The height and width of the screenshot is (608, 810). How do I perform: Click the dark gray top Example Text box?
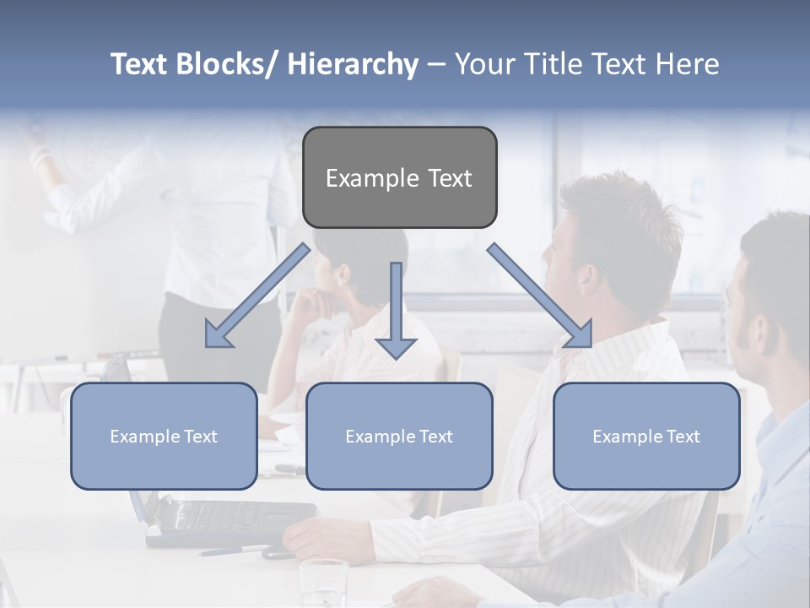coord(399,177)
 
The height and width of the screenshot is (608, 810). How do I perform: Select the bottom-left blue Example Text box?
coord(164,436)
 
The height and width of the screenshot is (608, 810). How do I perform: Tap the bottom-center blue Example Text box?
coord(399,436)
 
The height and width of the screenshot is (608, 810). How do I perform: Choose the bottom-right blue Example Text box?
coord(646,436)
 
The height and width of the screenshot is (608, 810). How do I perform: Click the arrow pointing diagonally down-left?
coord(256,296)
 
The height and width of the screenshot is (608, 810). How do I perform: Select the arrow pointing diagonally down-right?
coord(540,295)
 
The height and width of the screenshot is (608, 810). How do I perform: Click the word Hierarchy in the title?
coord(353,64)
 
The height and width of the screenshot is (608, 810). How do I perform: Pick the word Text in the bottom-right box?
coord(683,437)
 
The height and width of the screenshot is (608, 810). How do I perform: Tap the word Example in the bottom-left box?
coord(145,437)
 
